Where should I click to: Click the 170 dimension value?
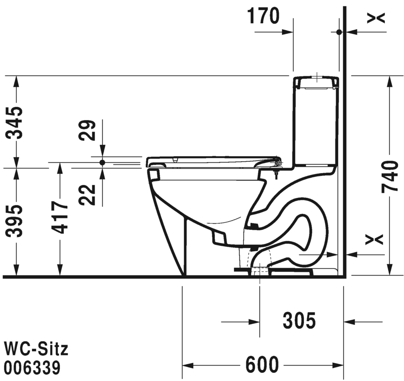(263, 16)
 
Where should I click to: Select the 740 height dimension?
(389, 176)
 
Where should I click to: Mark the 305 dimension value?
(299, 322)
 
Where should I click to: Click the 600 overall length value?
(262, 365)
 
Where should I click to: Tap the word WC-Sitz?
(36, 349)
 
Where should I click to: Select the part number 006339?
(32, 367)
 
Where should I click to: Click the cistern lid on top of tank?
(316, 82)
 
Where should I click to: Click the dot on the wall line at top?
(339, 32)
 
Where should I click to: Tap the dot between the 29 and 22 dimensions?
(102, 162)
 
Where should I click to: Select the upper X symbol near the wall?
(377, 17)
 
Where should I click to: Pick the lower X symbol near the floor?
(377, 239)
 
